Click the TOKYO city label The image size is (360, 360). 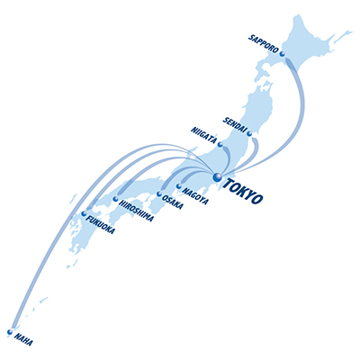244,191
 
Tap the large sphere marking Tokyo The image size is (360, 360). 217,176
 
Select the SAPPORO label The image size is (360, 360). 264,44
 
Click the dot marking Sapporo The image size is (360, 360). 282,54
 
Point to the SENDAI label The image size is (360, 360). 235,124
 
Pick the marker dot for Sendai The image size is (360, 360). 249,133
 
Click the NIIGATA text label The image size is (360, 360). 203,136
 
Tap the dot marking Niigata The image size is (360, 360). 220,145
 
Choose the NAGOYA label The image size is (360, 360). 195,196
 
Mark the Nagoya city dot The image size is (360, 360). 179,186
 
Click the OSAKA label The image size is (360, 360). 172,202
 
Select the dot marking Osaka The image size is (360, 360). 159,194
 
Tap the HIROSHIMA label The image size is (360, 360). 137,211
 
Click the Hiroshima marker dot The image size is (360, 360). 116,198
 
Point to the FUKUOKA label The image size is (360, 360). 100,225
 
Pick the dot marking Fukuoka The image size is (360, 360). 84,213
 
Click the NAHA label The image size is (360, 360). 23,339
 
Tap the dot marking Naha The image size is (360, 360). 10,332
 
